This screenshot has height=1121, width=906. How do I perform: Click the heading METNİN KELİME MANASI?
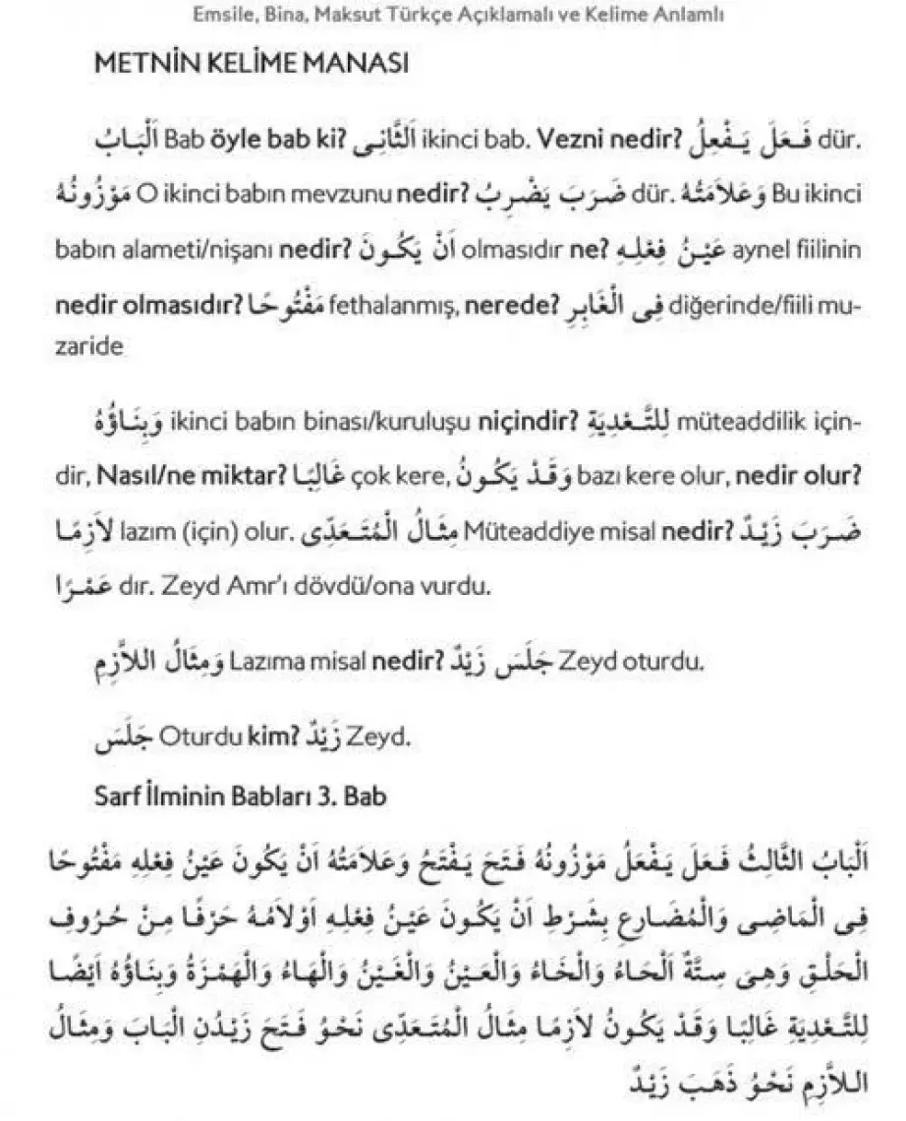coord(251,66)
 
